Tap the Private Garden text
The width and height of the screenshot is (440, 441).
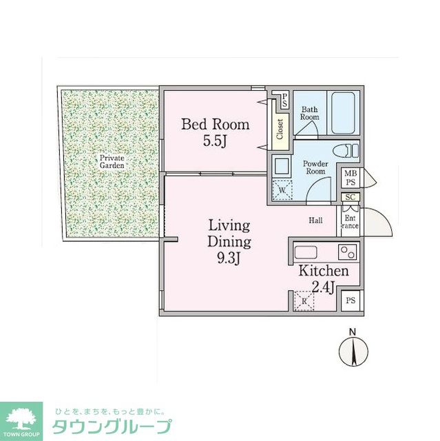click(x=111, y=162)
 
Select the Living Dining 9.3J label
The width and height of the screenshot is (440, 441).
click(x=229, y=242)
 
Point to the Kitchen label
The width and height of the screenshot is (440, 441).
click(x=323, y=271)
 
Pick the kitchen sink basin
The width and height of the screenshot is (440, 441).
click(x=306, y=252)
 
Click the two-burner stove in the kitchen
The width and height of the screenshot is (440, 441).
click(x=346, y=252)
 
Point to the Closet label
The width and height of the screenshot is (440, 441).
click(x=280, y=130)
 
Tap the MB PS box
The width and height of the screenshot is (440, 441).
click(x=350, y=178)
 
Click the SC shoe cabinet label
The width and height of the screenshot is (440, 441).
click(x=350, y=198)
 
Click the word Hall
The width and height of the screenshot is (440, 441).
click(x=316, y=220)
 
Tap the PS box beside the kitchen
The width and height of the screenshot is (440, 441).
click(x=350, y=300)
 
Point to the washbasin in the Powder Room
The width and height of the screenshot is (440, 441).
click(x=281, y=165)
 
